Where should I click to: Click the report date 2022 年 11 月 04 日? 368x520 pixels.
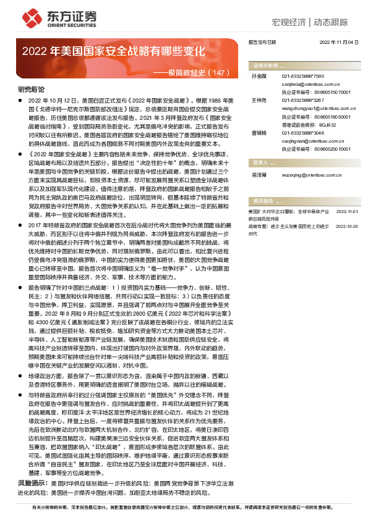(339, 43)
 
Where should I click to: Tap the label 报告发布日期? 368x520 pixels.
(261, 43)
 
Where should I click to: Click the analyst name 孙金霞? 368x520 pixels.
(259, 76)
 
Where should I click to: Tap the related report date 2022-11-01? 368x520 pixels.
(348, 211)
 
